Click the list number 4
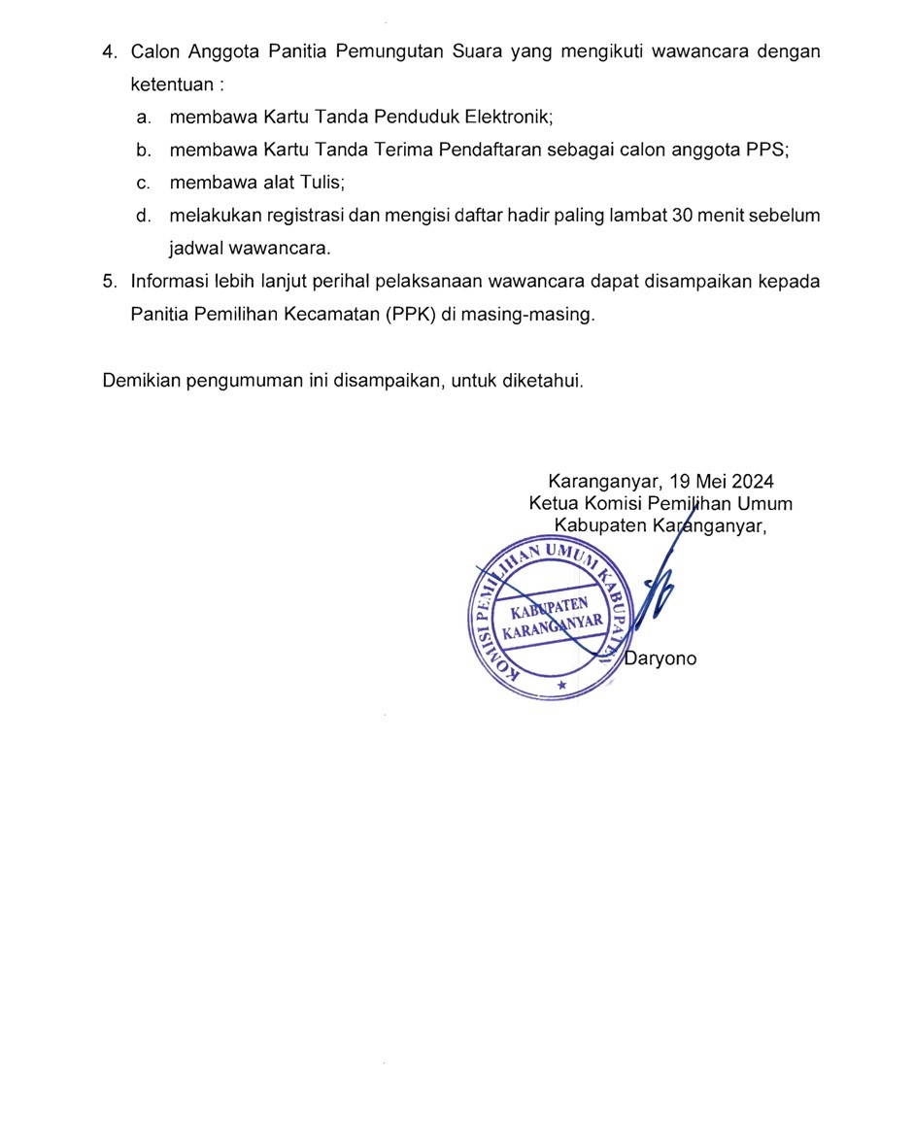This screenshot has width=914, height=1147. pyautogui.click(x=108, y=51)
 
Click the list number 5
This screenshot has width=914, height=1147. pyautogui.click(x=108, y=282)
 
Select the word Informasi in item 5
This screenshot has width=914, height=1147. pyautogui.click(x=169, y=282)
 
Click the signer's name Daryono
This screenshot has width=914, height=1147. pyautogui.click(x=660, y=658)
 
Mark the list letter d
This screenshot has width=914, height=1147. pyautogui.click(x=143, y=215)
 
